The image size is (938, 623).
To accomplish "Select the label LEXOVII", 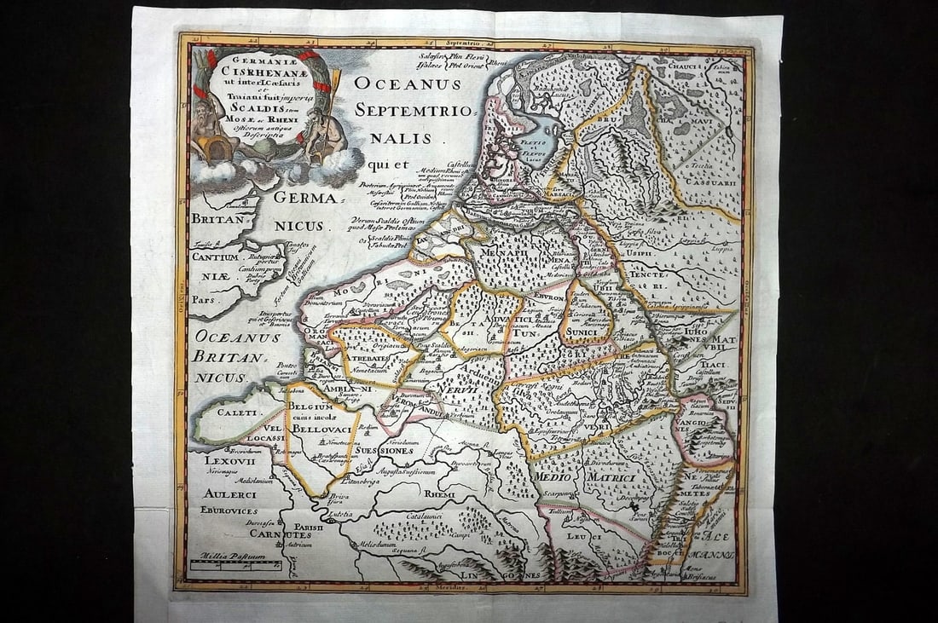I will tap(224, 460).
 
